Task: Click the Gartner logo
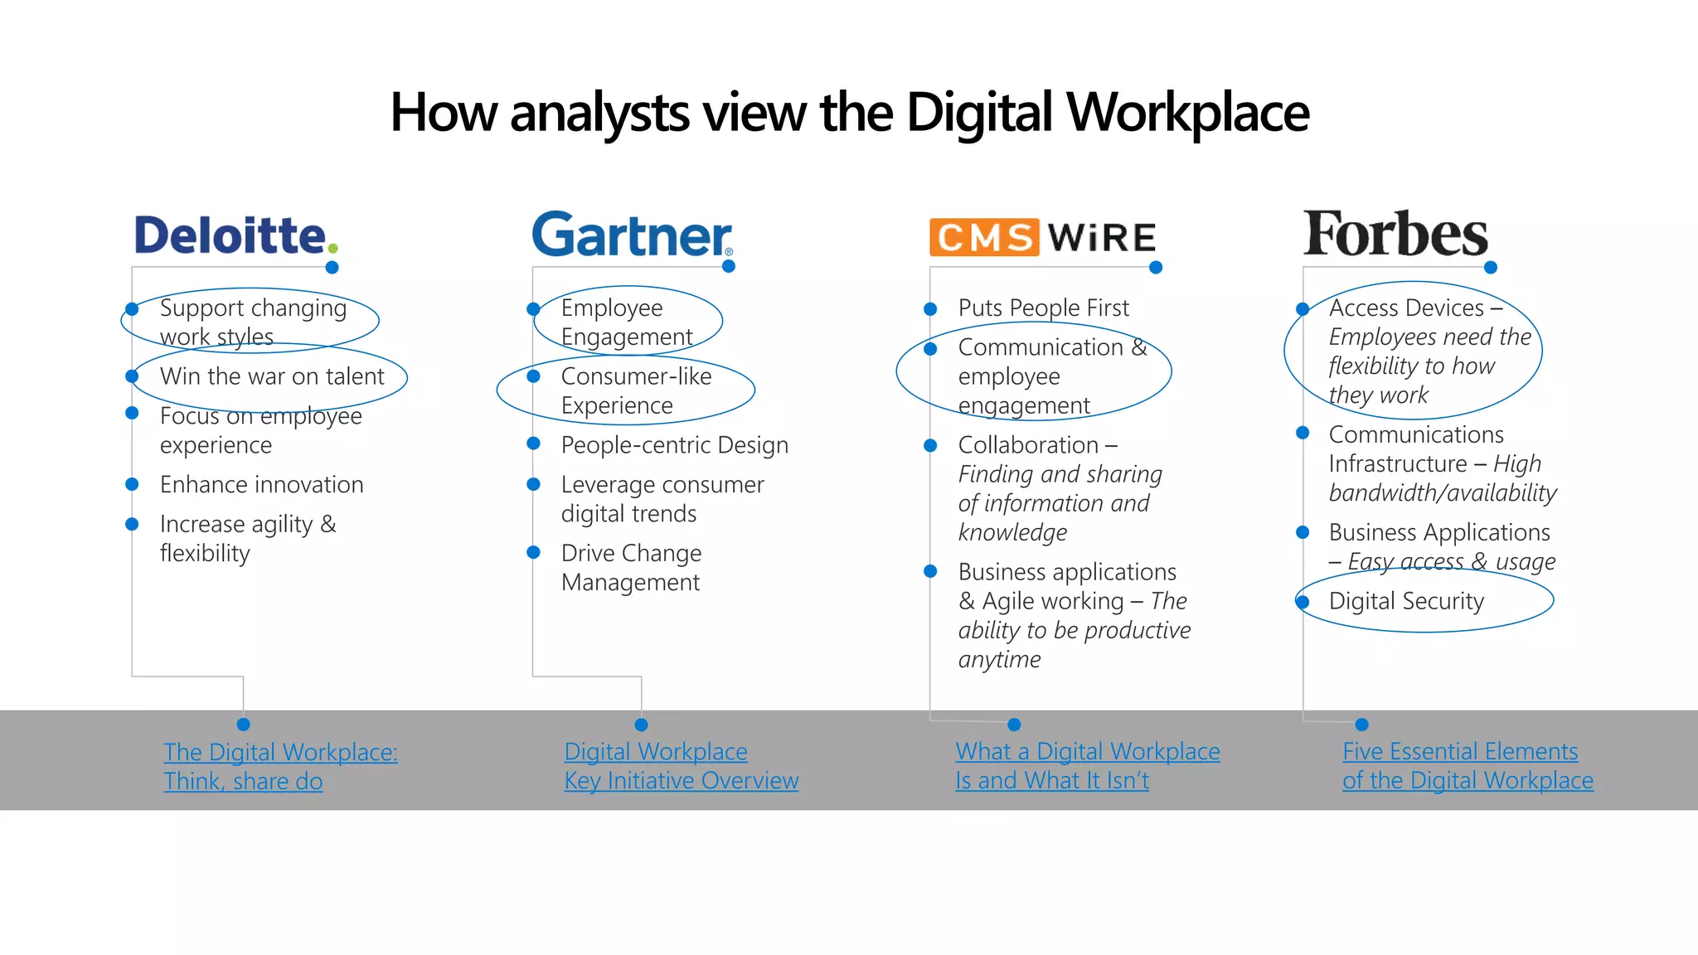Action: [x=632, y=235]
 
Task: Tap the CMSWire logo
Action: [x=1042, y=237]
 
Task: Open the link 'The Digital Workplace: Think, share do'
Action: [x=280, y=767]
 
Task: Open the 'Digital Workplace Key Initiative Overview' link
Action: [x=681, y=766]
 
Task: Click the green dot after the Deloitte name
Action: [x=332, y=248]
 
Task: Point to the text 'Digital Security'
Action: [x=1406, y=601]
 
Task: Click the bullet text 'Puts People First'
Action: [x=1043, y=308]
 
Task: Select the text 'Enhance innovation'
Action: [x=261, y=484]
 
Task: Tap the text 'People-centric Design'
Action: [x=674, y=445]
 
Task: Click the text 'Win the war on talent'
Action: [x=272, y=376]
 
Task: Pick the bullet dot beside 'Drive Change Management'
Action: [x=534, y=552]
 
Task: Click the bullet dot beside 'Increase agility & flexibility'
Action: [x=132, y=524]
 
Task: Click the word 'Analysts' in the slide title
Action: [x=599, y=113]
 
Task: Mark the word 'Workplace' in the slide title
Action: [x=1187, y=113]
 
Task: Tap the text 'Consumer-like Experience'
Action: [x=636, y=390]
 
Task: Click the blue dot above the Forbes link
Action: [x=1361, y=725]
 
